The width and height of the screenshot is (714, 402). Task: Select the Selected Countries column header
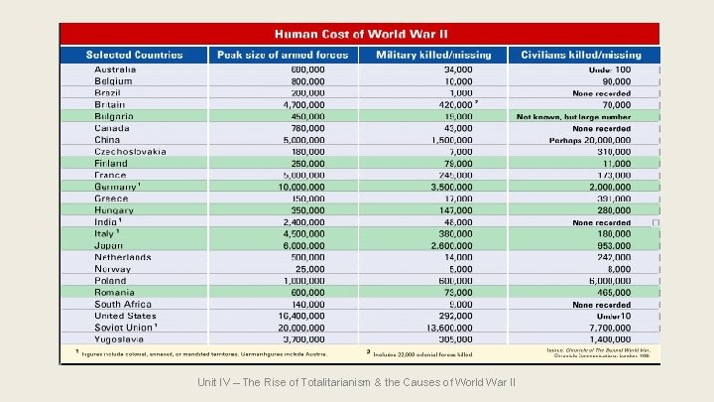pyautogui.click(x=134, y=56)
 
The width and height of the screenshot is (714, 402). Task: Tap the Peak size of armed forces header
pyautogui.click(x=283, y=56)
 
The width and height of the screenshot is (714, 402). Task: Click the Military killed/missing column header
pyautogui.click(x=432, y=56)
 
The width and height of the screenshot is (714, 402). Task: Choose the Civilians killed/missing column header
pyautogui.click(x=584, y=56)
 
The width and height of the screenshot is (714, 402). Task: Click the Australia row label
pyautogui.click(x=115, y=69)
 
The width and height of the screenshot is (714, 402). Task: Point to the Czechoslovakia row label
pyautogui.click(x=130, y=151)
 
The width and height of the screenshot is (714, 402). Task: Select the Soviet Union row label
pyautogui.click(x=126, y=327)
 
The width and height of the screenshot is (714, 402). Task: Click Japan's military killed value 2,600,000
pyautogui.click(x=451, y=245)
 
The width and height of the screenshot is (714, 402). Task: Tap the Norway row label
pyautogui.click(x=113, y=269)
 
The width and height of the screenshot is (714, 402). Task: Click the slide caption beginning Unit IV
pyautogui.click(x=357, y=383)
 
